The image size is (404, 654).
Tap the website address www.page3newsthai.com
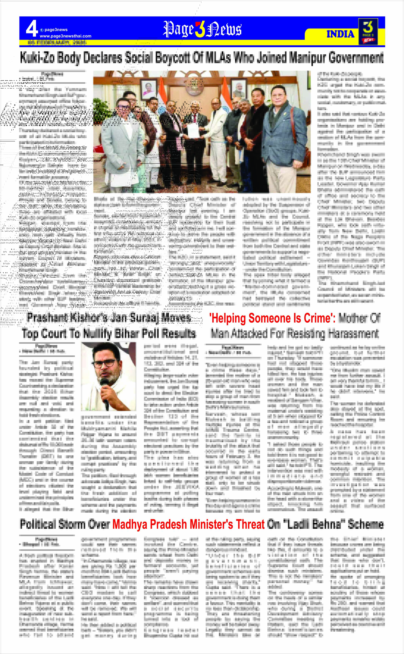65,36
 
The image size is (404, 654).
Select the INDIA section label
340,34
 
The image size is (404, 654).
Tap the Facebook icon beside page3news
42,30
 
